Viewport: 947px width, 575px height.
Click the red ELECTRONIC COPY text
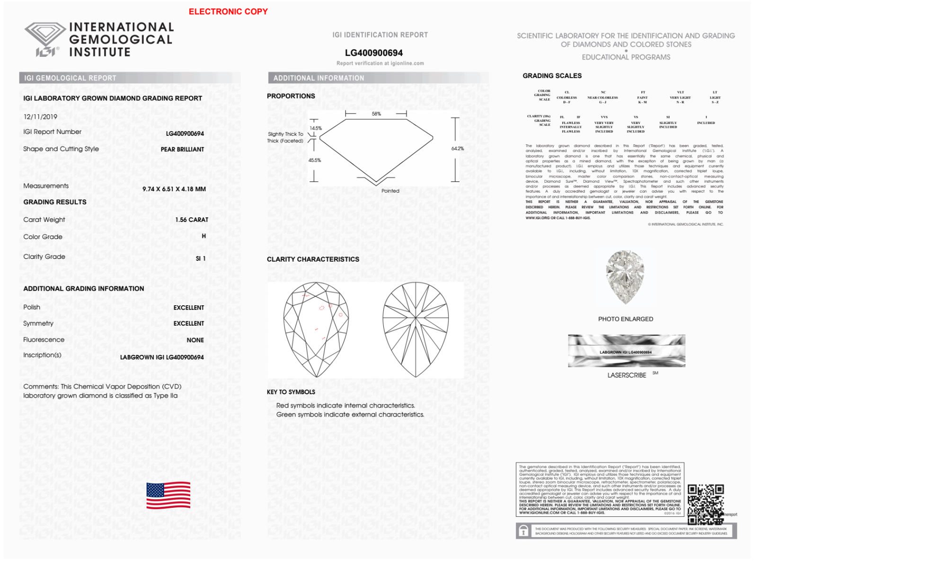[228, 11]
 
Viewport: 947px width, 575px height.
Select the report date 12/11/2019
[40, 117]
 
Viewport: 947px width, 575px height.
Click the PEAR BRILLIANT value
[182, 149]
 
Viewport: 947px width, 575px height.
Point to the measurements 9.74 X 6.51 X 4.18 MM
[174, 189]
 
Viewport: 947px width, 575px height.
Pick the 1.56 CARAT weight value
[192, 220]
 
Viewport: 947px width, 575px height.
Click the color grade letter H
[204, 236]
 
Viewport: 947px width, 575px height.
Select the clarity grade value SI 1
[201, 258]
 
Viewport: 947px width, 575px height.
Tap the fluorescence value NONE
[195, 340]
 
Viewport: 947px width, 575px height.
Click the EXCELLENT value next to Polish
[188, 308]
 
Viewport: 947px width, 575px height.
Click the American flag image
[168, 495]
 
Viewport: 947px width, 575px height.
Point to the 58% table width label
[376, 114]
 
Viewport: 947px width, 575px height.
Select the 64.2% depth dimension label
[457, 149]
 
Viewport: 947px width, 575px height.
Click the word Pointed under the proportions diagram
[390, 191]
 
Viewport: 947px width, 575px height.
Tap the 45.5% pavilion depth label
[315, 160]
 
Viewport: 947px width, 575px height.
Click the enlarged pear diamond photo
[625, 277]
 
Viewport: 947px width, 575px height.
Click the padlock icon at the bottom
[523, 531]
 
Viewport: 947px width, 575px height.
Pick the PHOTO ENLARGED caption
[625, 319]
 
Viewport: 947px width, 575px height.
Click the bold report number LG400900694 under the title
[373, 53]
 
